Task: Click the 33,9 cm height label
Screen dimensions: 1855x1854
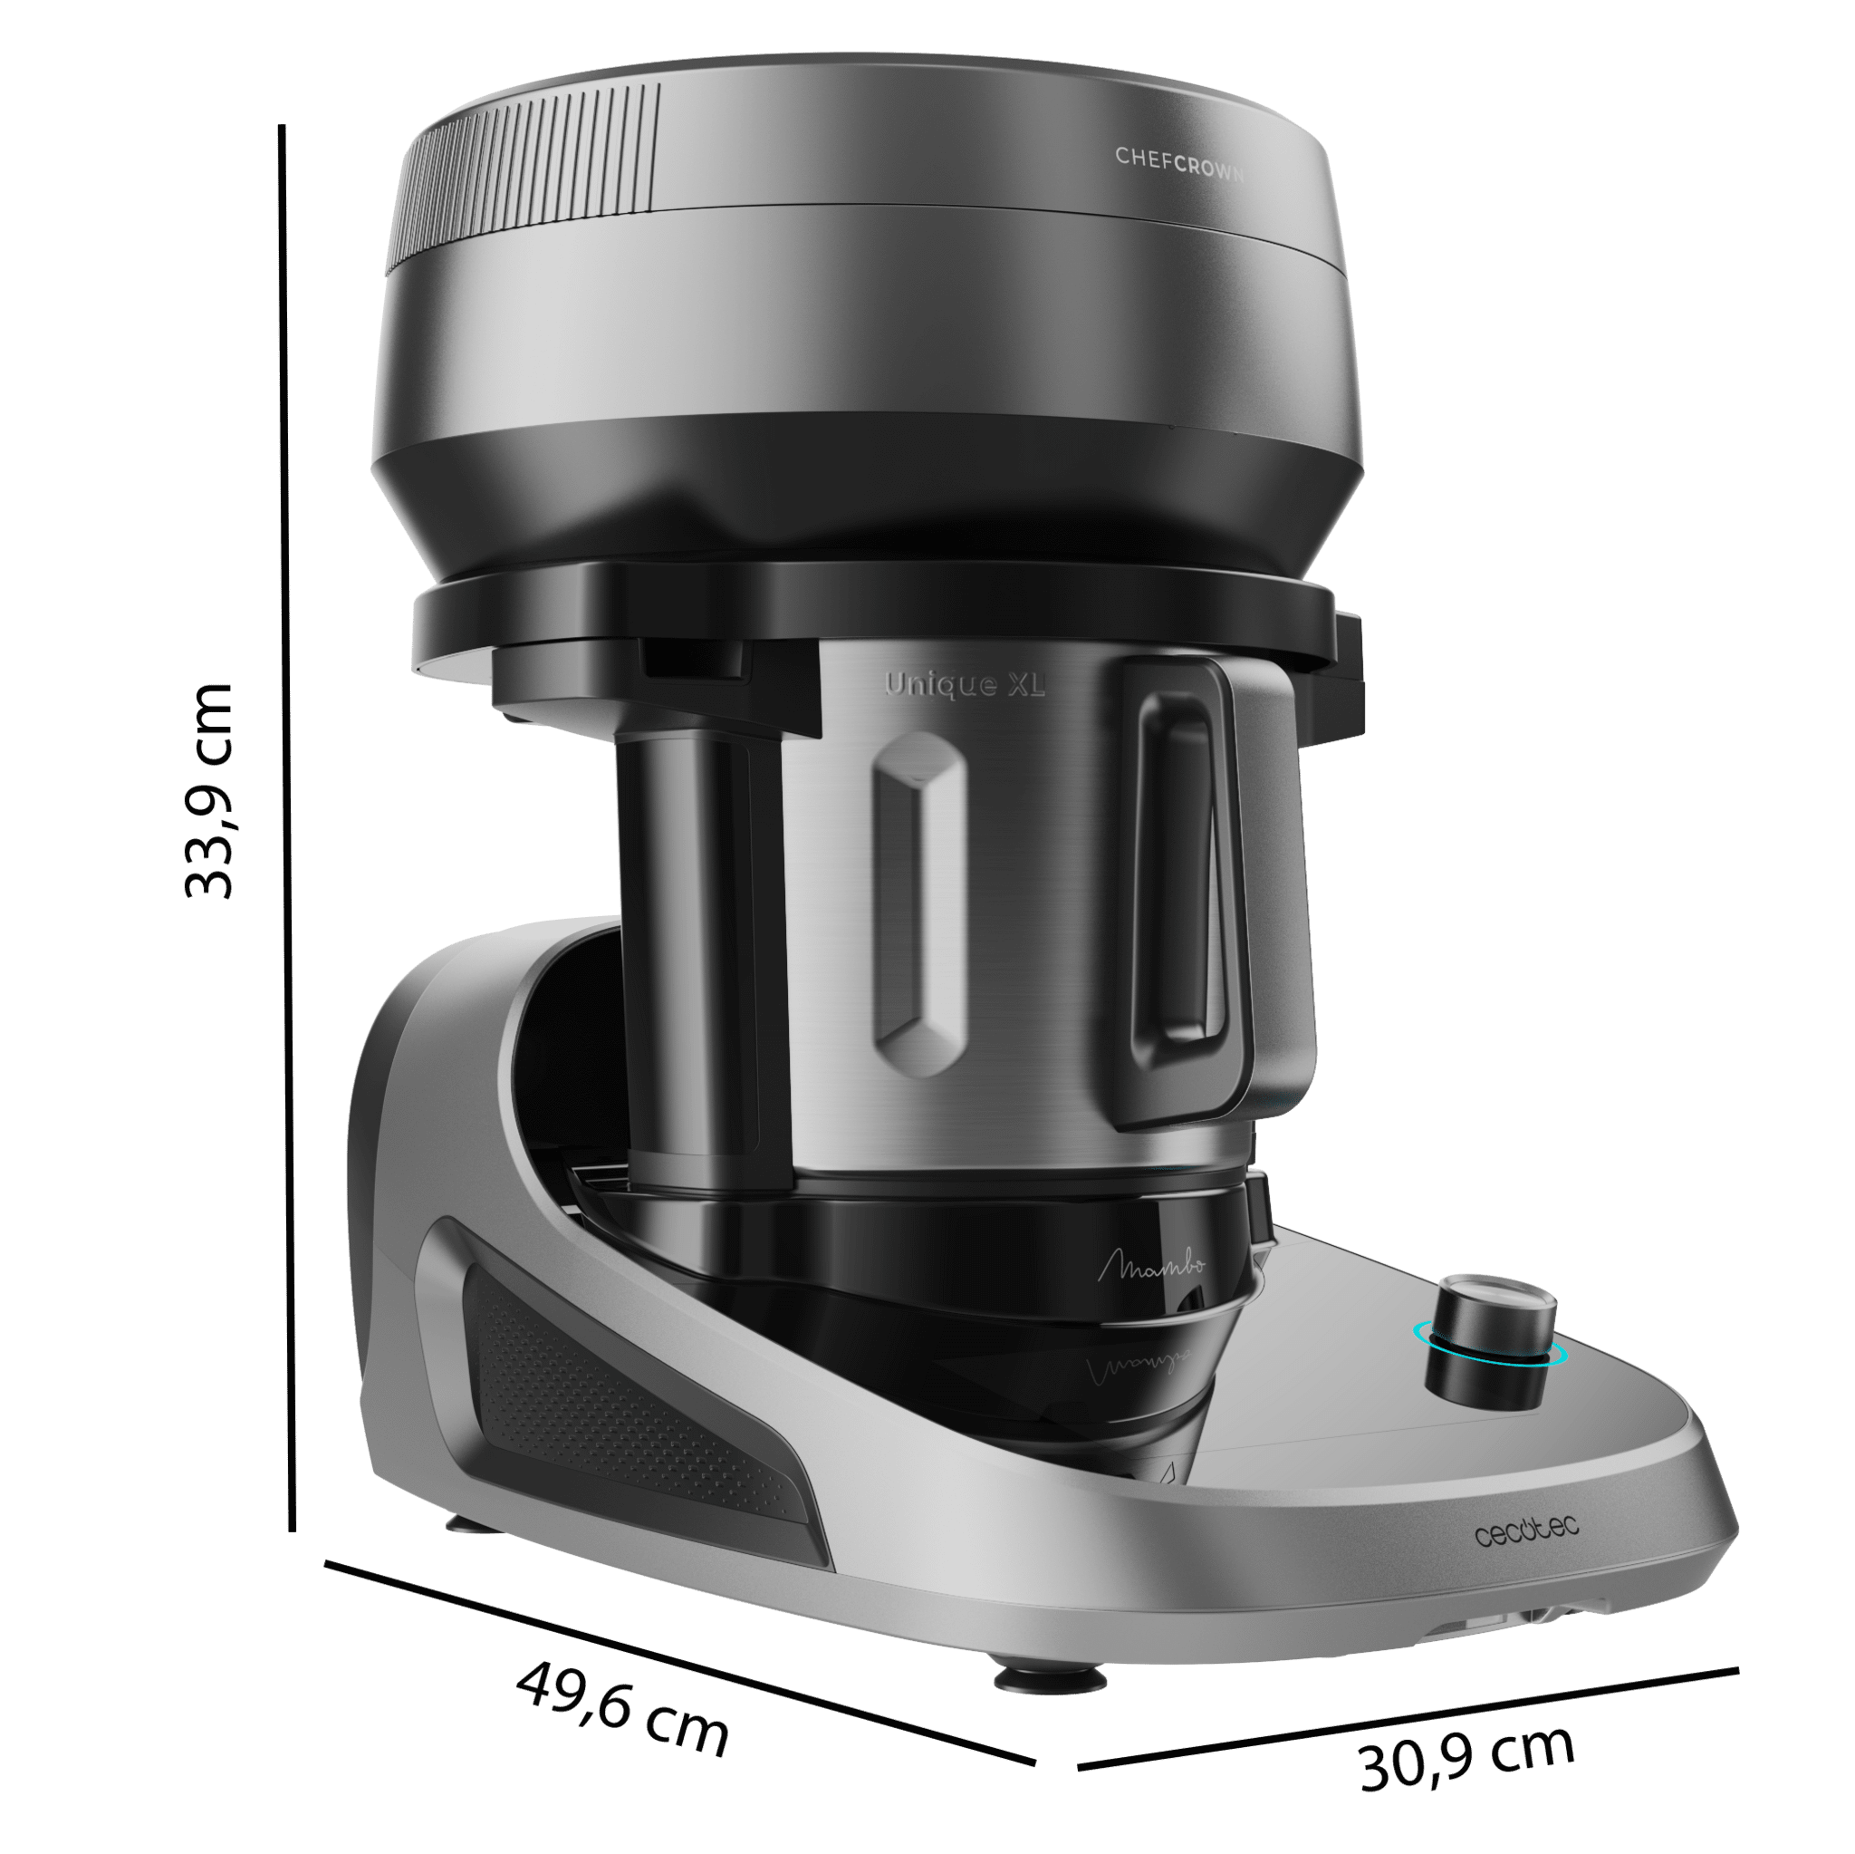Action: click(208, 790)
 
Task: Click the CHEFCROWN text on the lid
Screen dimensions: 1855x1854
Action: click(1179, 163)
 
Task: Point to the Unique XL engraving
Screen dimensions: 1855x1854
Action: click(964, 684)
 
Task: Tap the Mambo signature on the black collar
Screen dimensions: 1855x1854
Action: click(1151, 1266)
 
